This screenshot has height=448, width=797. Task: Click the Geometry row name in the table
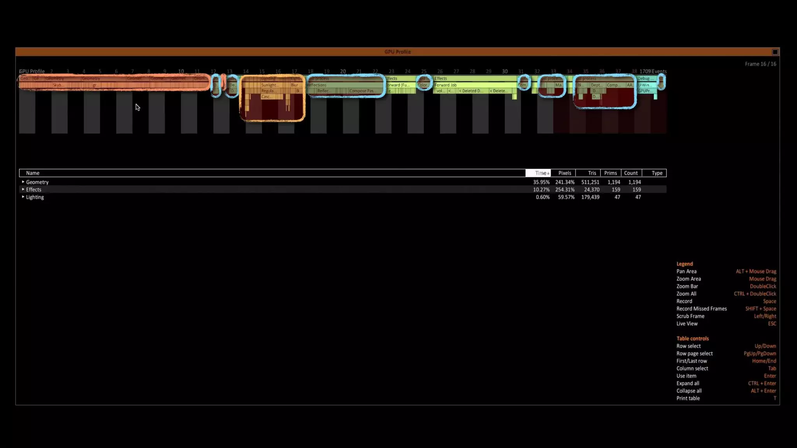(37, 182)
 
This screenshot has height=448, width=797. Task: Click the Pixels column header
(564, 173)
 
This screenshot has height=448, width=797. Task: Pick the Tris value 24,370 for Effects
(592, 190)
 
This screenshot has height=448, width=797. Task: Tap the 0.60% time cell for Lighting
(542, 197)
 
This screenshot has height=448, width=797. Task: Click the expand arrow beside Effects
(23, 189)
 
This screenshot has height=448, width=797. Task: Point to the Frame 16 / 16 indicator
(760, 64)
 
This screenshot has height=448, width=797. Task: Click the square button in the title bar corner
(775, 52)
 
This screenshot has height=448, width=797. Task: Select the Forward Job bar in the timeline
(446, 85)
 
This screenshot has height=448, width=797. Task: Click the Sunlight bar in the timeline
(269, 85)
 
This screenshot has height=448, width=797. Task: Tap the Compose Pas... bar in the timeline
(362, 91)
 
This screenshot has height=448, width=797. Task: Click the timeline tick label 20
(343, 72)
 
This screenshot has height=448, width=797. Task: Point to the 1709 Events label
(653, 72)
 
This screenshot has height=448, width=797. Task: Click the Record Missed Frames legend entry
(701, 309)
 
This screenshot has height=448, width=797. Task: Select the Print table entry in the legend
(688, 398)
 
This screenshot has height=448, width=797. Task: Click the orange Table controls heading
(692, 339)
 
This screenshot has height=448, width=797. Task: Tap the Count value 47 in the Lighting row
(637, 197)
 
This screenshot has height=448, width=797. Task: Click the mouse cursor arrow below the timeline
(137, 107)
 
